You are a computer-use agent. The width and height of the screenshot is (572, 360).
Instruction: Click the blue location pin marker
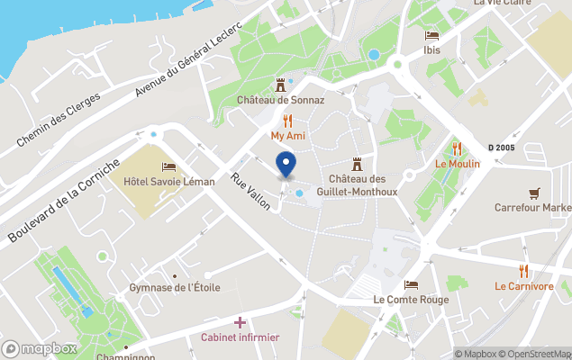tap(286, 166)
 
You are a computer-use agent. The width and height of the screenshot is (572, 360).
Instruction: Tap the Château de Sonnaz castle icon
tap(280, 84)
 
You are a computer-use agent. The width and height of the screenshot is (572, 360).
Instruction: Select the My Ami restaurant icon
tap(287, 120)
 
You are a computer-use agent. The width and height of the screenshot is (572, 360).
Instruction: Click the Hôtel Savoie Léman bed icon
tap(168, 166)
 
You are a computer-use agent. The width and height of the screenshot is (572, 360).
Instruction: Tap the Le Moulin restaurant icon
tap(457, 148)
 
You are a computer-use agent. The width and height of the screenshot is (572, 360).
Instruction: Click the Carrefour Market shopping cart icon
tap(534, 192)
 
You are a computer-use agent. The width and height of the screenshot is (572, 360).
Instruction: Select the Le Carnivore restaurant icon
tap(523, 271)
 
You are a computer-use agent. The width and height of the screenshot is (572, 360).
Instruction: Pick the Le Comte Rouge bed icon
tap(411, 284)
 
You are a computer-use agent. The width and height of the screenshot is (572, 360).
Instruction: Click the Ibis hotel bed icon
tap(431, 36)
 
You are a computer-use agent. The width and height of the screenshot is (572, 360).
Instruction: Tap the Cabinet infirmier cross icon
tap(240, 322)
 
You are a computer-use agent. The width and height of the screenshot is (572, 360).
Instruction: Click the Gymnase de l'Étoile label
tap(174, 287)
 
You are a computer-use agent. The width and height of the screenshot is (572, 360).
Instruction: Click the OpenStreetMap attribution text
tap(537, 353)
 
